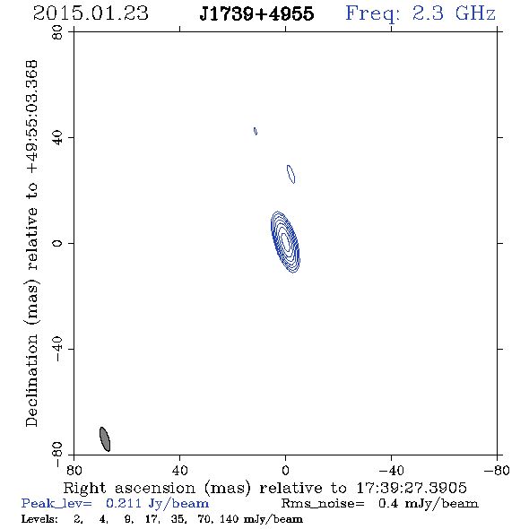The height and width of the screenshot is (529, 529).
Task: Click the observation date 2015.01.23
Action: coord(91,13)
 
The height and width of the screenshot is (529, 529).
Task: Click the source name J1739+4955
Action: coord(256,13)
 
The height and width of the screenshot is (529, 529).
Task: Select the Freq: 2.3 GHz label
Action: coord(421,14)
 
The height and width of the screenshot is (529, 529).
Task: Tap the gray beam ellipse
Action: coord(105,439)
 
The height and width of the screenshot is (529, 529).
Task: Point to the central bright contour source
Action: coord(285,242)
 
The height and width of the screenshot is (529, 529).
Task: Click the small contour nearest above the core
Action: coord(291,174)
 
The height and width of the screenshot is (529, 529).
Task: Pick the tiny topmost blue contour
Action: coord(256,131)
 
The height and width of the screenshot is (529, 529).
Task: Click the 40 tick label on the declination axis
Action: coord(57,138)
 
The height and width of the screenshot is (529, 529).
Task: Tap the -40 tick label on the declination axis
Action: coord(57,349)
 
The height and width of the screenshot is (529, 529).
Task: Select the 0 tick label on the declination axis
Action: coord(57,243)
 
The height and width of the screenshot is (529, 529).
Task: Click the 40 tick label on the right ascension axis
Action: coord(179,470)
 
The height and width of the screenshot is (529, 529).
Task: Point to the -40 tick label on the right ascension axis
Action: coord(391,470)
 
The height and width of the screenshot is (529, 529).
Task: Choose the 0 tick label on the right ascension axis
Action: coord(285,470)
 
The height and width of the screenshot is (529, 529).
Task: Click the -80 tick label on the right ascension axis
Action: coord(497,470)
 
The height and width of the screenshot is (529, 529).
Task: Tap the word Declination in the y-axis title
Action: coord(32,380)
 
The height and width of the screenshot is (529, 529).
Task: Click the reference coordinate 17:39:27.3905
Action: coord(412,488)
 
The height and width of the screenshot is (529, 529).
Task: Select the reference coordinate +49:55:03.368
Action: coord(32,117)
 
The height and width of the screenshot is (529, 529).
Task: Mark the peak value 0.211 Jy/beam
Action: coord(158,504)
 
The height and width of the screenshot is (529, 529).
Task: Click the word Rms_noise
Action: coord(323,504)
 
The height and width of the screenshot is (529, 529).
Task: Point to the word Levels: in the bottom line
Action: coord(39,519)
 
